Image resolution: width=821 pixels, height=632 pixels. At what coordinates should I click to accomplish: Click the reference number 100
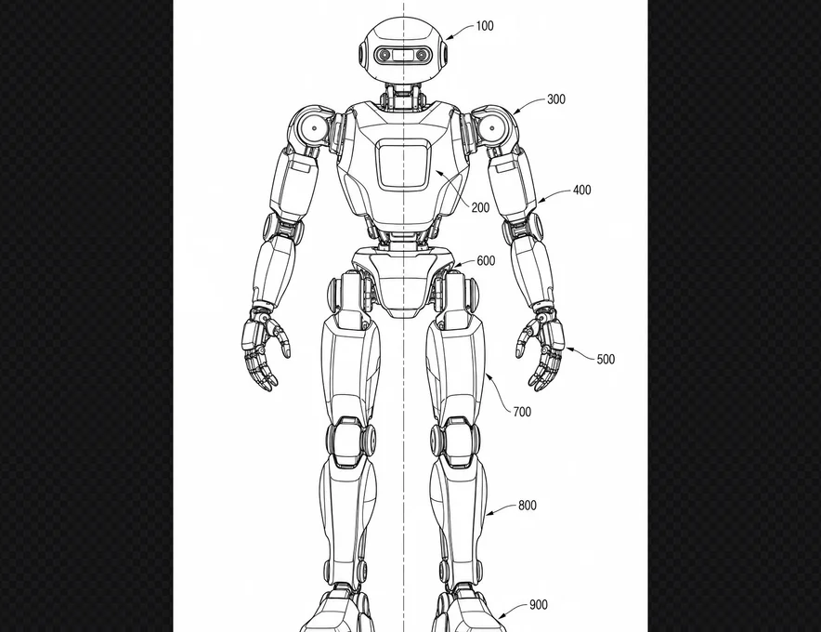point(484,26)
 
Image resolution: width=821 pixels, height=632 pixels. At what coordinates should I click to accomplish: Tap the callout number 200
point(480,208)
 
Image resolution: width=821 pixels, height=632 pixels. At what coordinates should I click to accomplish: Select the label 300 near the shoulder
point(556,99)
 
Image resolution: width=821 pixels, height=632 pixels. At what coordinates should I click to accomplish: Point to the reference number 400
point(581,190)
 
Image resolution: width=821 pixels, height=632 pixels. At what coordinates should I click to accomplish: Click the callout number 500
point(606,360)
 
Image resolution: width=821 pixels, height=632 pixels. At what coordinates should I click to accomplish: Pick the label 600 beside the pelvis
point(486,261)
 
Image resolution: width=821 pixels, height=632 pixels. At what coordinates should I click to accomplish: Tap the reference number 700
point(522,413)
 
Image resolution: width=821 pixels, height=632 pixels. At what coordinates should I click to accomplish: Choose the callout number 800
point(528,506)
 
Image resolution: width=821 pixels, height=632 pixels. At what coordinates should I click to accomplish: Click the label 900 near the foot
point(539,605)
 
